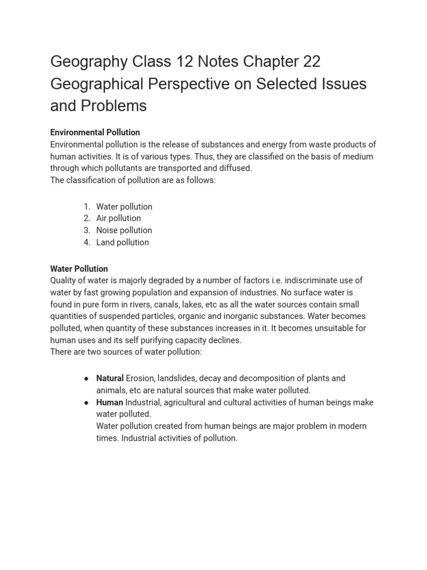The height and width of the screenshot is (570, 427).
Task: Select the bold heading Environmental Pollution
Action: tap(95, 132)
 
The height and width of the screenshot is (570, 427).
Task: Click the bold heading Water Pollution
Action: tap(79, 269)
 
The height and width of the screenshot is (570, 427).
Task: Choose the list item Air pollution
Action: tap(118, 218)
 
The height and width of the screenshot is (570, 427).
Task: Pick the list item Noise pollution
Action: tap(124, 230)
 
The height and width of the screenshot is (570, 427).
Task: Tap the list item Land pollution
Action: tap(122, 242)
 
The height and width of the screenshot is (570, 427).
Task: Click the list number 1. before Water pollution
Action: tap(87, 207)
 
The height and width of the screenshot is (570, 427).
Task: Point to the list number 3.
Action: tap(87, 230)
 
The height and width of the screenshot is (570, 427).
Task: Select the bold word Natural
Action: tap(110, 379)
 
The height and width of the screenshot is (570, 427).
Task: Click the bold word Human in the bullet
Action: tap(110, 402)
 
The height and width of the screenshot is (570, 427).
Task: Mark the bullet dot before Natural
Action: tap(87, 379)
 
